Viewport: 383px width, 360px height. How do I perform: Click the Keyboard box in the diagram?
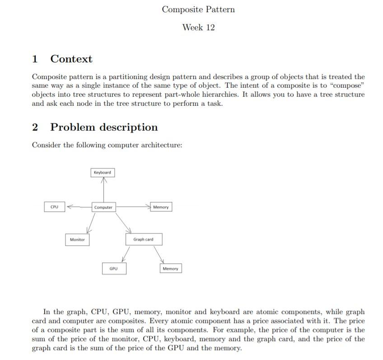tap(102, 173)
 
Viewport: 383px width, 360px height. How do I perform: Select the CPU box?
tap(54, 207)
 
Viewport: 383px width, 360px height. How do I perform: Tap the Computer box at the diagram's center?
tap(103, 207)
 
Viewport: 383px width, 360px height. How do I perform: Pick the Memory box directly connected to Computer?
tap(161, 207)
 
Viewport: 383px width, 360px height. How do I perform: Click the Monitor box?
tap(77, 239)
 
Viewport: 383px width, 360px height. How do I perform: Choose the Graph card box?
tap(143, 239)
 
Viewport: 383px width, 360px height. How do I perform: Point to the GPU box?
tap(113, 269)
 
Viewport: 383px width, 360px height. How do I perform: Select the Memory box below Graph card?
tap(170, 269)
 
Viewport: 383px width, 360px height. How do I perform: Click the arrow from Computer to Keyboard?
tap(104, 190)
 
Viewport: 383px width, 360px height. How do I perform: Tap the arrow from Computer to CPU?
tap(79, 207)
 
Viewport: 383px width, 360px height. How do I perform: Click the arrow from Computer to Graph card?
tap(123, 222)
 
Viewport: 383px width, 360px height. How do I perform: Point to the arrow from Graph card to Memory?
tap(159, 254)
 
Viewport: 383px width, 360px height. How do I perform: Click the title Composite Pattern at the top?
tap(198, 9)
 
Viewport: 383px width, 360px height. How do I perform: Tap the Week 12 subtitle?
tap(198, 28)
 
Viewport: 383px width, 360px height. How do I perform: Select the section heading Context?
tap(71, 59)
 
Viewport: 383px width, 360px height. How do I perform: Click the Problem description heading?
tap(104, 127)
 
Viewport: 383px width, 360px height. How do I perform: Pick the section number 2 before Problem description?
tap(35, 127)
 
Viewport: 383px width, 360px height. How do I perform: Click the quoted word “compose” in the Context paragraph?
tap(348, 86)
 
